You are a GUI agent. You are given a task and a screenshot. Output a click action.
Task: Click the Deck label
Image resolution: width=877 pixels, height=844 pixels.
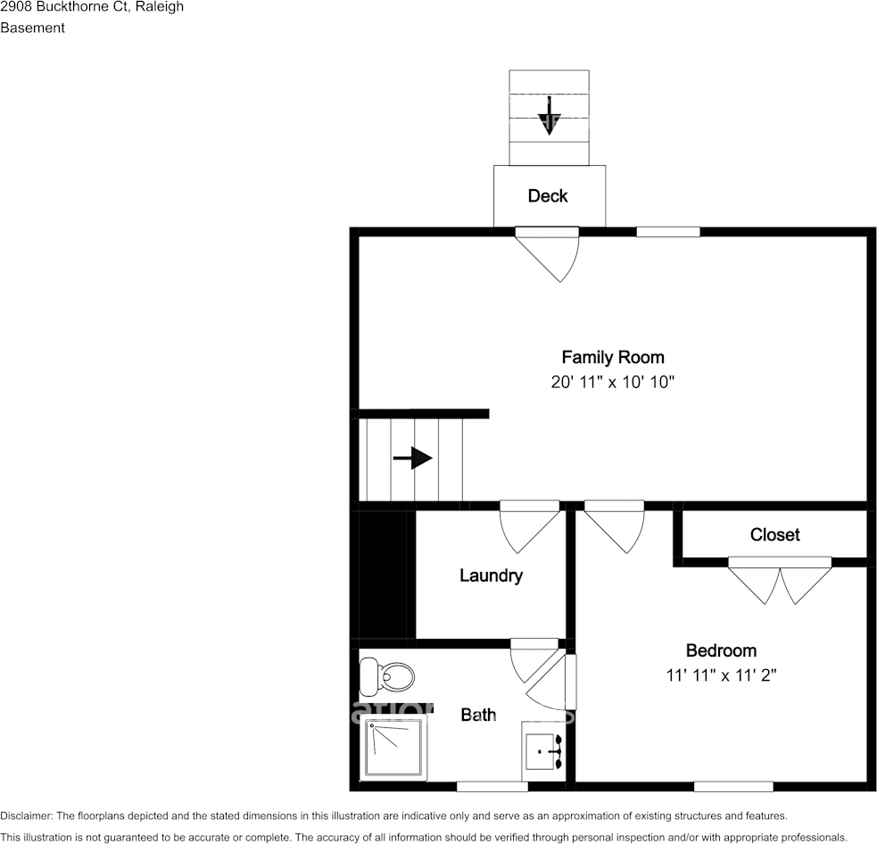(x=548, y=196)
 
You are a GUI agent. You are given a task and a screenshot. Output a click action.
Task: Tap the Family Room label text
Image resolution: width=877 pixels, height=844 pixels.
(x=612, y=358)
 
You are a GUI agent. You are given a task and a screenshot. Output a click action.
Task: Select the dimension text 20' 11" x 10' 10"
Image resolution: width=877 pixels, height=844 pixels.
(x=612, y=383)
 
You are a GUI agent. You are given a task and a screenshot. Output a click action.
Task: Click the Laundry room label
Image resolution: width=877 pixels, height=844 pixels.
(x=491, y=575)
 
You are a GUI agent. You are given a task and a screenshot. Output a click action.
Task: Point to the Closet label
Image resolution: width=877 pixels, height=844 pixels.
(x=774, y=534)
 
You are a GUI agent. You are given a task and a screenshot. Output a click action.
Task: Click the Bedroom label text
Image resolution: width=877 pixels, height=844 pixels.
(x=721, y=650)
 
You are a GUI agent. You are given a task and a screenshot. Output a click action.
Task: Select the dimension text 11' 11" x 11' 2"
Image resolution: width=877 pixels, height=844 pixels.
(x=721, y=675)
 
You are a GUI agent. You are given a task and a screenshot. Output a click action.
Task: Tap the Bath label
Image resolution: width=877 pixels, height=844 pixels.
(x=478, y=715)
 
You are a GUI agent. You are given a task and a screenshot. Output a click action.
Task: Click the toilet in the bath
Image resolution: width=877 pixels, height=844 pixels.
(x=387, y=678)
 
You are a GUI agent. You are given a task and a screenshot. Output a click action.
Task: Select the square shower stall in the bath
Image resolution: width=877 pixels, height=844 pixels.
(x=393, y=748)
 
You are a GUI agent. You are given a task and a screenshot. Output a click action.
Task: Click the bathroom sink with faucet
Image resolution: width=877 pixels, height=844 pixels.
(x=542, y=752)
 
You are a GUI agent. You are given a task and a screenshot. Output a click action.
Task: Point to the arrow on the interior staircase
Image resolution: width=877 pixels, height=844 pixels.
(x=412, y=459)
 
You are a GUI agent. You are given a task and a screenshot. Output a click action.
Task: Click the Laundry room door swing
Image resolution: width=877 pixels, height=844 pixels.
(x=529, y=527)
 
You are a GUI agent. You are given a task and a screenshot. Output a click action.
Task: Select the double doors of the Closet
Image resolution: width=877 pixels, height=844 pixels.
(x=781, y=580)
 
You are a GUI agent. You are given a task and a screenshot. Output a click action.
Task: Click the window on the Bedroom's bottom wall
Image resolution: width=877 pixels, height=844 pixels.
(x=733, y=786)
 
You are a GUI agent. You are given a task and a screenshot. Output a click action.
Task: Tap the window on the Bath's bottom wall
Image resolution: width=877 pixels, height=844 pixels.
(x=492, y=786)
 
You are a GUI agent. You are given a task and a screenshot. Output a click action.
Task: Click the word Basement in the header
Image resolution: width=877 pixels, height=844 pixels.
(x=32, y=28)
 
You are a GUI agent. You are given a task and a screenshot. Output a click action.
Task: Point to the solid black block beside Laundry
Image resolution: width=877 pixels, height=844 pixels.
(x=382, y=575)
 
